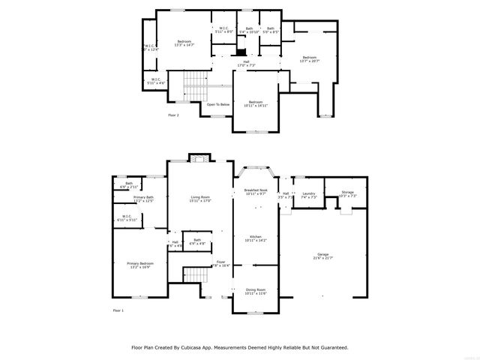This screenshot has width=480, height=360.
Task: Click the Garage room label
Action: pyautogui.click(x=322, y=256)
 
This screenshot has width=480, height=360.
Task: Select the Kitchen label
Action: pyautogui.click(x=256, y=238)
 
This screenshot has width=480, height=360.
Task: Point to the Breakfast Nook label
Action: pyautogui.click(x=256, y=192)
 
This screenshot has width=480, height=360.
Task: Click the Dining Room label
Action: pyautogui.click(x=256, y=291)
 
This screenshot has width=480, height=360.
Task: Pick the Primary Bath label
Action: pyautogui.click(x=143, y=199)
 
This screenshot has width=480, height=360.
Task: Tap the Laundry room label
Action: pyautogui.click(x=308, y=195)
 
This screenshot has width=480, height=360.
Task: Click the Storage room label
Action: pyautogui.click(x=347, y=194)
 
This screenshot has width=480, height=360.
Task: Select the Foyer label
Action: pyautogui.click(x=220, y=263)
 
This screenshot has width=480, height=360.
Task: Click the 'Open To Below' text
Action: pyautogui.click(x=217, y=104)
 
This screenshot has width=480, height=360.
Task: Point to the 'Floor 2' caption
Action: pyautogui.click(x=173, y=115)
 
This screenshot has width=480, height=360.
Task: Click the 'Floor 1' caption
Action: pyautogui.click(x=118, y=310)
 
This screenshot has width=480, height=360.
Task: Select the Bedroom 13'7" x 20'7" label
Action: pyautogui.click(x=309, y=59)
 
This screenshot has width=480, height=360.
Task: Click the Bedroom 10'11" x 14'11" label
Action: pyautogui.click(x=255, y=103)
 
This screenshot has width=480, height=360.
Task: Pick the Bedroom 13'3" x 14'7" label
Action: pyautogui.click(x=184, y=43)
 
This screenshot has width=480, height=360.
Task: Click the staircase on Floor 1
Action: pyautogui.click(x=195, y=275)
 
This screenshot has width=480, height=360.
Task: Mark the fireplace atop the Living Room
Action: pyautogui.click(x=199, y=158)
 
